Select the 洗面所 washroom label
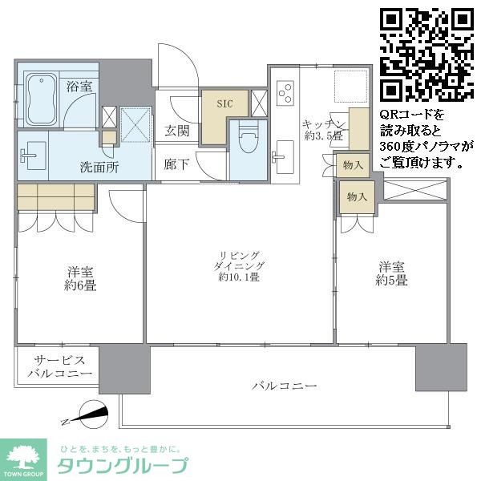(99, 168)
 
